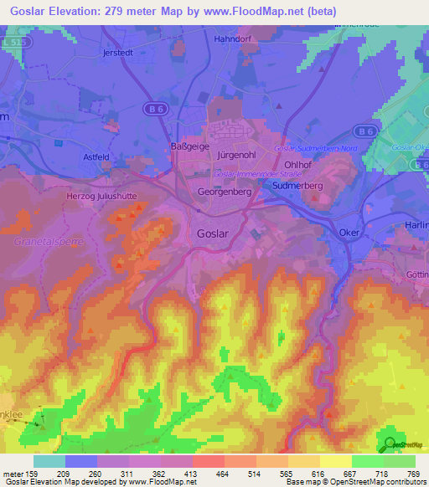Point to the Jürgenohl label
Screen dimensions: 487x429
[235, 156]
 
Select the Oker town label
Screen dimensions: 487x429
[349, 233]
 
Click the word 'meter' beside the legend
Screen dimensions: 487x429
[14, 474]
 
